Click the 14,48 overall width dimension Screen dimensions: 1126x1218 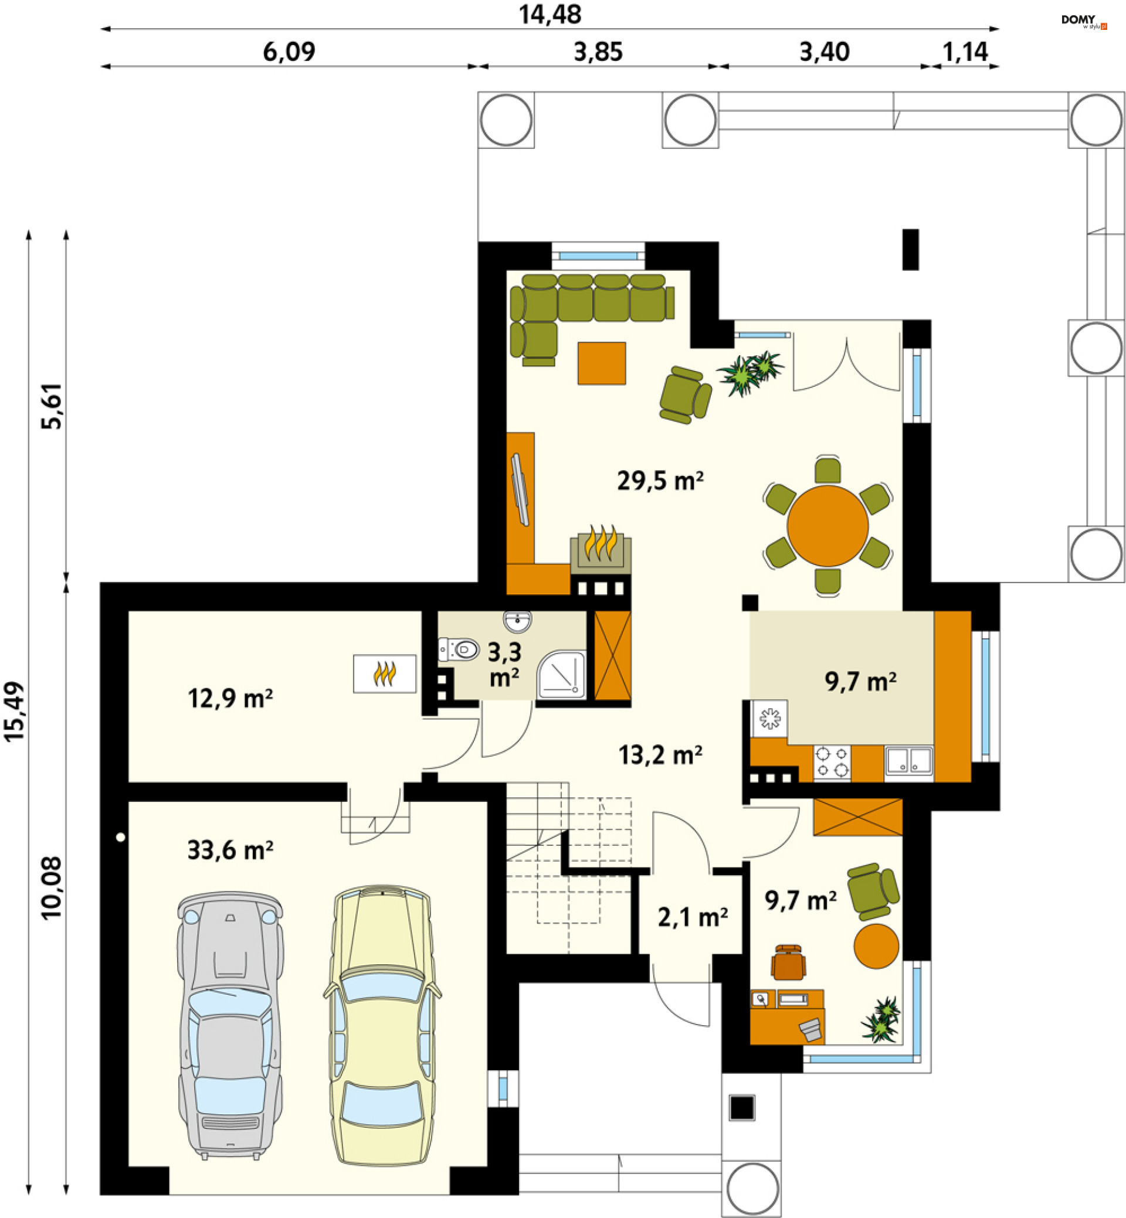tap(550, 15)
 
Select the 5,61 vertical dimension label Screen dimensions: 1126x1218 tap(52, 406)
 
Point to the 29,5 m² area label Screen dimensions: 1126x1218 tap(660, 481)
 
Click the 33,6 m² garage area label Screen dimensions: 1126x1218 tap(230, 850)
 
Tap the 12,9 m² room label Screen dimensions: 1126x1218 tap(230, 699)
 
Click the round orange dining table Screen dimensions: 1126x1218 tap(827, 526)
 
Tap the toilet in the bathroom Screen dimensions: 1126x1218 tap(458, 649)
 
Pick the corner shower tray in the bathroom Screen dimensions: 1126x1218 tap(561, 675)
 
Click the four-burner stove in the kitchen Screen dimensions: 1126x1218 tap(832, 763)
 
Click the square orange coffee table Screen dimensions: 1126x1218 tap(601, 363)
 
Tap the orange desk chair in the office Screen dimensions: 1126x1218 tap(788, 962)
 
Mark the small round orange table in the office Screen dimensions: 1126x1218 tap(876, 946)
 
